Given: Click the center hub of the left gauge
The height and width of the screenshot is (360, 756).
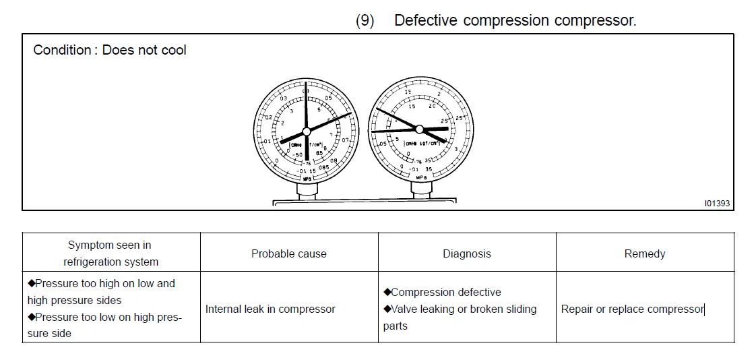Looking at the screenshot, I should (306, 131).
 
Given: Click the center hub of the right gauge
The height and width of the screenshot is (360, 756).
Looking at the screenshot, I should (418, 129).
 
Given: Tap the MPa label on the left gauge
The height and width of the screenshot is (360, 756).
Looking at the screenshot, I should (307, 179).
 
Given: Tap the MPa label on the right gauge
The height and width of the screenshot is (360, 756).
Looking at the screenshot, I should (421, 177).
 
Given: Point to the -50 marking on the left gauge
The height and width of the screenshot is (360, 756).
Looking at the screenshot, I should (298, 155).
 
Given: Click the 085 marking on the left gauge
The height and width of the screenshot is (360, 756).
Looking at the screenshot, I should (323, 167).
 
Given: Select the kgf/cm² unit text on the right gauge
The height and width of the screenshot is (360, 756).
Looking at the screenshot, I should (431, 143).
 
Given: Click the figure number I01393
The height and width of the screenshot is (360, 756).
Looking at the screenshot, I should (717, 202).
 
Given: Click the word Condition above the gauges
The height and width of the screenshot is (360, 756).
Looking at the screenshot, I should (61, 51).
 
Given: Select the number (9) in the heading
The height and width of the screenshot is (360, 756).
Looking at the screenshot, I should (365, 20).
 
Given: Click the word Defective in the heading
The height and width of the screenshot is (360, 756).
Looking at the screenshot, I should (426, 20).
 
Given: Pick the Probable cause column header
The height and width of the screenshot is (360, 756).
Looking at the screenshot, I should (288, 254).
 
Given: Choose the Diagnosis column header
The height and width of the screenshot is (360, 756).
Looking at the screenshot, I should (466, 254).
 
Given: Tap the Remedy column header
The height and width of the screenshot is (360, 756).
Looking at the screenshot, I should (644, 254).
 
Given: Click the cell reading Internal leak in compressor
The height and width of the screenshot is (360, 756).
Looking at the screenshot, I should (270, 309).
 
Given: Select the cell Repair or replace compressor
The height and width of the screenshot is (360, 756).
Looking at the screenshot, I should (632, 309).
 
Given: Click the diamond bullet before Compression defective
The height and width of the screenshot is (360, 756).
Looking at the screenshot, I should (387, 292).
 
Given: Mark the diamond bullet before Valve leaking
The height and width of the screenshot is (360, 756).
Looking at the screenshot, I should (387, 309).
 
